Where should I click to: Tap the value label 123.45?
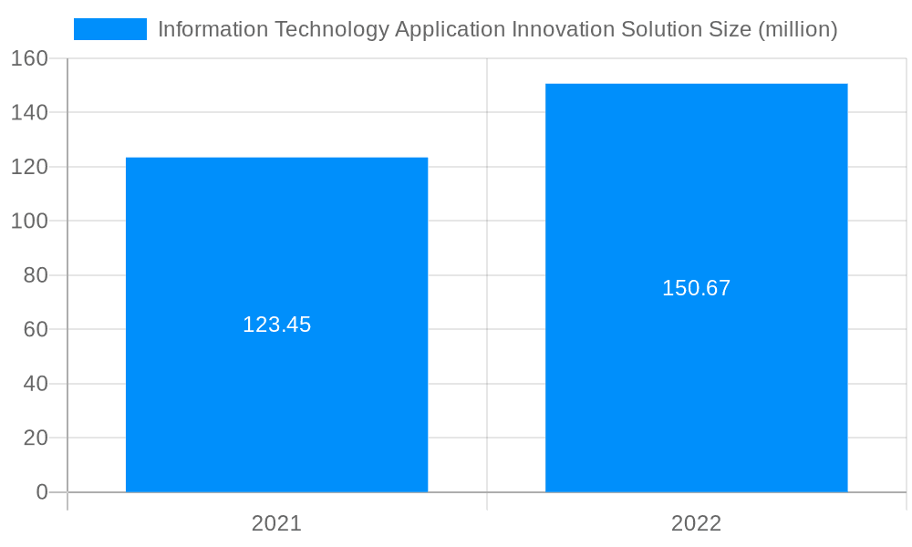tap(276, 325)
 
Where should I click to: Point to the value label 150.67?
tap(696, 288)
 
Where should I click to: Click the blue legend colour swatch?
tap(109, 29)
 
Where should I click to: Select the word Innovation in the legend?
tap(564, 29)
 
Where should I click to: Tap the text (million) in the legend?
tap(797, 29)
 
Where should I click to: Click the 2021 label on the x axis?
tap(276, 523)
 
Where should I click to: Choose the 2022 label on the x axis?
tap(696, 523)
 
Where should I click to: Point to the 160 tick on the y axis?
tap(29, 58)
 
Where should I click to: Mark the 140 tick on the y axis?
tap(29, 113)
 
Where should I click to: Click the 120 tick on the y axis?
tap(29, 167)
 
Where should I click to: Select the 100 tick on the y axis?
tap(29, 222)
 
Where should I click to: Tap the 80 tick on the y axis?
tap(35, 275)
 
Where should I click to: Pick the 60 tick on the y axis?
tap(35, 329)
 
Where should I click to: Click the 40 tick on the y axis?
tap(35, 384)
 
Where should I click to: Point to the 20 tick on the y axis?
tap(35, 438)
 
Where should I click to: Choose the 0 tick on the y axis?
tap(41, 492)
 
